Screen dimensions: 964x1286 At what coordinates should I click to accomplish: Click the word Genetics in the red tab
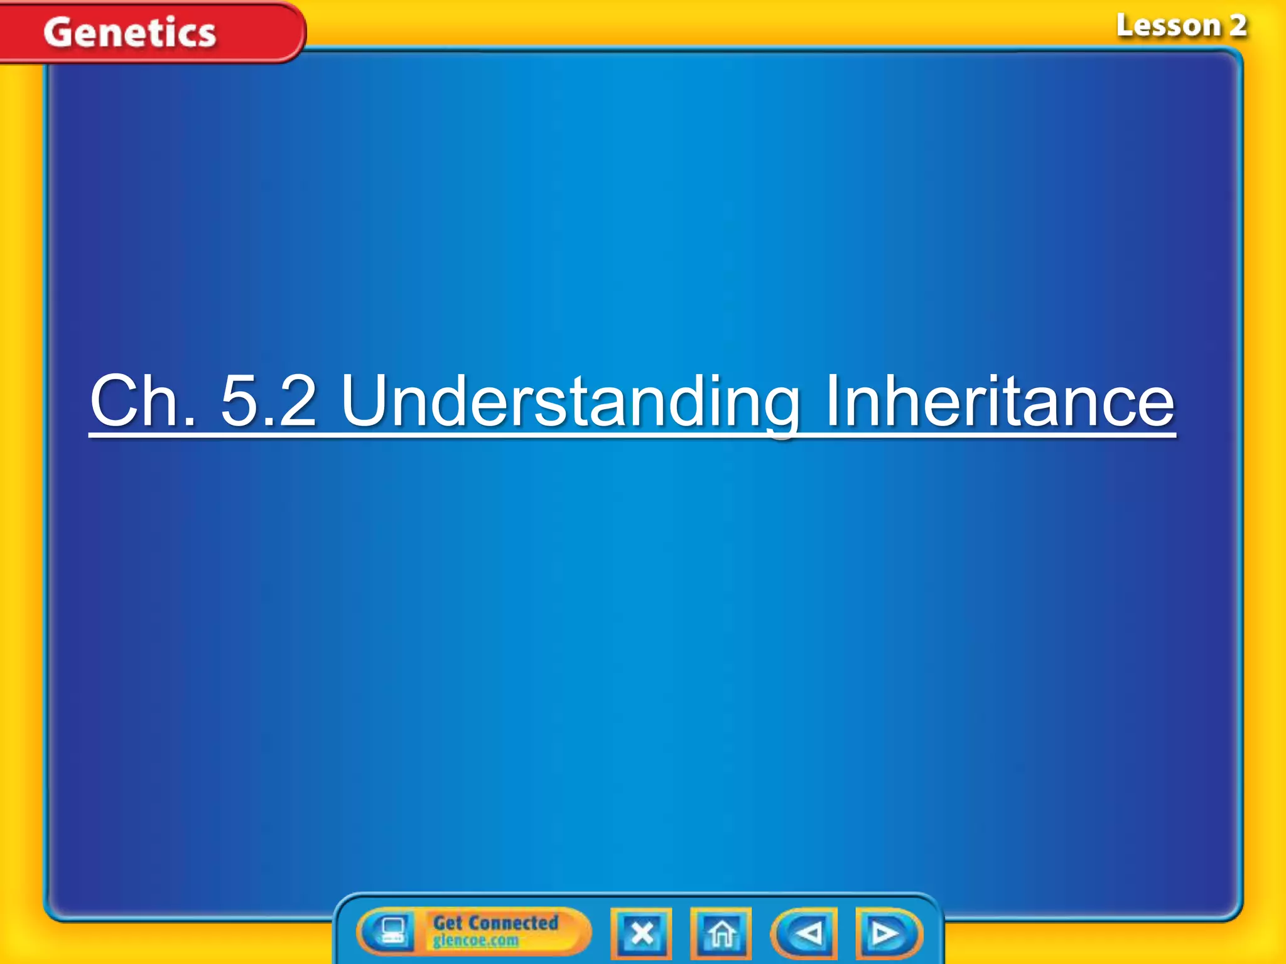(130, 33)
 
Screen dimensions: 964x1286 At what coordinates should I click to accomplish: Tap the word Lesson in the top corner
(1167, 26)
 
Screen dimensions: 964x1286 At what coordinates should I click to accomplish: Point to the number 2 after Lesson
(1238, 26)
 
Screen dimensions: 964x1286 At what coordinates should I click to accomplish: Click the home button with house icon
(721, 933)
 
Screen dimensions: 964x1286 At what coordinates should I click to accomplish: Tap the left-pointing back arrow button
(806, 933)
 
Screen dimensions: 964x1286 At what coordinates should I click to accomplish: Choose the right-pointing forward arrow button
(887, 933)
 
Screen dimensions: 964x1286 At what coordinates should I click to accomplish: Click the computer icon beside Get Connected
(391, 931)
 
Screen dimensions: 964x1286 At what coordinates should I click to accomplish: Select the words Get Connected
(495, 923)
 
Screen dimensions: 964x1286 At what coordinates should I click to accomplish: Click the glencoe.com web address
(476, 940)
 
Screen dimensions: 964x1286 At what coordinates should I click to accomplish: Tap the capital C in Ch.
(117, 400)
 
